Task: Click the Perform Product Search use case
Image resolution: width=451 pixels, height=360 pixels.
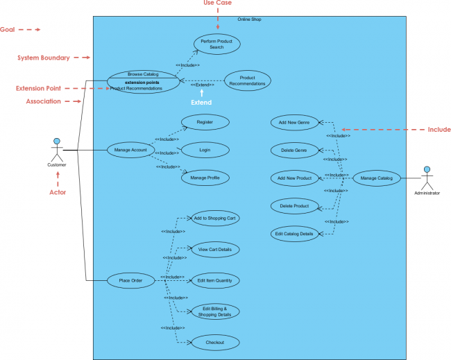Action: [217, 44]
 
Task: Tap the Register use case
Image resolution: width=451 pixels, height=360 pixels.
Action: [205, 122]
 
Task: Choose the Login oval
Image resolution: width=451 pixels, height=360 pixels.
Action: [205, 149]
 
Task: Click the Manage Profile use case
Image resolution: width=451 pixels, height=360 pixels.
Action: [205, 178]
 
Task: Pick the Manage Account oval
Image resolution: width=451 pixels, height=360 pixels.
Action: [130, 150]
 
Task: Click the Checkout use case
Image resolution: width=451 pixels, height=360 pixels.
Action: [215, 342]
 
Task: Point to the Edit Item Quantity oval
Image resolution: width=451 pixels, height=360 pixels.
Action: [215, 280]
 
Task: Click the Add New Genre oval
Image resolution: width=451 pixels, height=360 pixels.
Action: [294, 122]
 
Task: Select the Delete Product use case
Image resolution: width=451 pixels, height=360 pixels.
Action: [294, 206]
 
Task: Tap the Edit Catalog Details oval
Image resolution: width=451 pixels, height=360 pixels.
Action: [294, 234]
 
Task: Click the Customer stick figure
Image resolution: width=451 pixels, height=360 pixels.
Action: [56, 150]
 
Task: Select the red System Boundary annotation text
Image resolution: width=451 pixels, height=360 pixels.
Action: [43, 58]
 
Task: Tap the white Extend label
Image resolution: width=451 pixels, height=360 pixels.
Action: [201, 102]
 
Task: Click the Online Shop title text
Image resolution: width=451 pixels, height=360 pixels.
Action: [249, 19]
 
